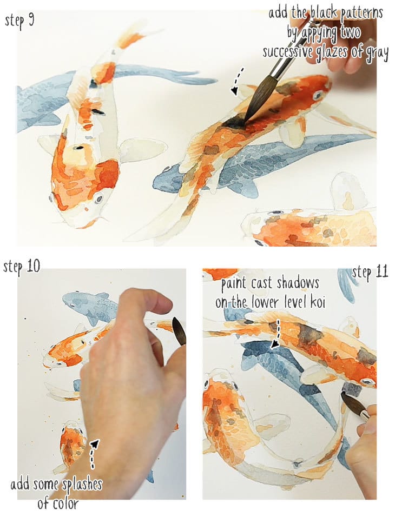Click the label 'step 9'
[x=19, y=21]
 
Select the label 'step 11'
[x=370, y=272]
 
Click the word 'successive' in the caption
[x=289, y=52]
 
